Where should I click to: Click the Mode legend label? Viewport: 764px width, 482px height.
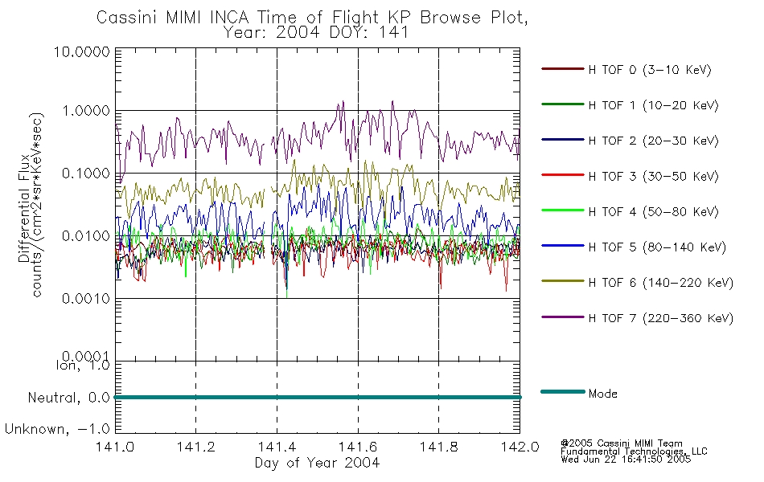point(602,394)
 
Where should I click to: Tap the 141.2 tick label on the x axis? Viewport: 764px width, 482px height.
point(196,447)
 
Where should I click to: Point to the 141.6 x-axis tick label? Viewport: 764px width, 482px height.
point(358,447)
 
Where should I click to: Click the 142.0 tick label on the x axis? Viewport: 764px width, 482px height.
point(520,447)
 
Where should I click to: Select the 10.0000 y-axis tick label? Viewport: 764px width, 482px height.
point(82,51)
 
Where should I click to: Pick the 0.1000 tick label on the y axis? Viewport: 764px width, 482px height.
point(86,174)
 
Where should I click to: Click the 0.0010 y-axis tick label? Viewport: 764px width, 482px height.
point(86,298)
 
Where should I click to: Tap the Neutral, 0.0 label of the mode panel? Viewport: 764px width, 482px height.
point(68,398)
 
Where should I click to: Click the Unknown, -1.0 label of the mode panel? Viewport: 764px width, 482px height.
point(57,429)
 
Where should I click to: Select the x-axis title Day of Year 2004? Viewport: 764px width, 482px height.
point(317,463)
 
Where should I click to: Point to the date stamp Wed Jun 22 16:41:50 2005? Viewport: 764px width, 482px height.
point(626,459)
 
